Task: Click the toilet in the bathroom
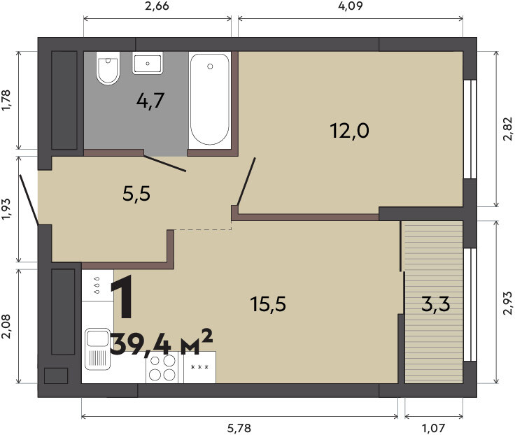(x=107, y=69)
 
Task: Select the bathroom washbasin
(x=148, y=63)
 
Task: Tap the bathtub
(x=210, y=99)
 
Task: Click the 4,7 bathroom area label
(x=150, y=101)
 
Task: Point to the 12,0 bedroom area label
(x=349, y=131)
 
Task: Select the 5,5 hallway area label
(x=136, y=194)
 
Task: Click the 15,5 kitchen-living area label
(x=268, y=304)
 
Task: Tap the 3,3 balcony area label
(x=435, y=304)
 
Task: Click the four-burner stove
(x=162, y=367)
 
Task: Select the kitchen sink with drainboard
(x=97, y=349)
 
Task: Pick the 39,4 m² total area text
(x=161, y=343)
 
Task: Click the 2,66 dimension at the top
(x=157, y=6)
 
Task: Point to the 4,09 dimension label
(x=351, y=6)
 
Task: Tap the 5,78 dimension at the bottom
(x=239, y=428)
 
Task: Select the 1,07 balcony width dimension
(x=434, y=428)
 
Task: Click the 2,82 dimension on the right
(x=508, y=129)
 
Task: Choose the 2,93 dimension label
(x=508, y=303)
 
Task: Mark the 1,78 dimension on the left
(x=6, y=101)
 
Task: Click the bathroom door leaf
(x=165, y=164)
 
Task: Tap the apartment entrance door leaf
(x=29, y=199)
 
